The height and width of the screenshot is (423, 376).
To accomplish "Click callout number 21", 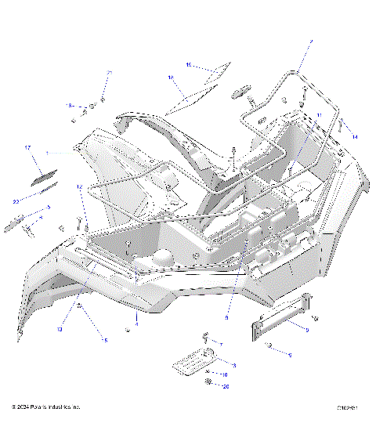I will pos(110,73).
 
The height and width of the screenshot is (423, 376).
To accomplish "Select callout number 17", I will pos(27,147).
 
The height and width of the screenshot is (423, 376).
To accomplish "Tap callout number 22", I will pos(16,201).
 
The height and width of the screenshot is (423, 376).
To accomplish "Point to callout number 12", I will pos(79,187).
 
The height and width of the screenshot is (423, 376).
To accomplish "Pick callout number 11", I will pos(318,116).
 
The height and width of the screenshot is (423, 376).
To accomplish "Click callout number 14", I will pos(354,137).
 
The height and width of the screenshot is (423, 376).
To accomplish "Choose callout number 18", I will pos(171,78).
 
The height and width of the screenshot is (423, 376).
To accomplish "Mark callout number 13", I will pos(60,329).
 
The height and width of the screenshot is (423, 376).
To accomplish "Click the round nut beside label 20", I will pos(208,381).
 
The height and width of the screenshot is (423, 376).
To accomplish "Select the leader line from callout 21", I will pos(106,87).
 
